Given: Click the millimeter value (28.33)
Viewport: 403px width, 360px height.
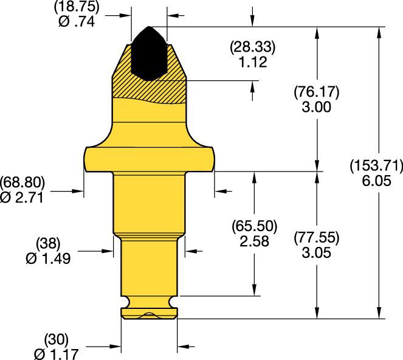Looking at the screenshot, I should tap(252, 48).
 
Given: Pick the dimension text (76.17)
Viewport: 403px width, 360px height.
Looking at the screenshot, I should tap(316, 93).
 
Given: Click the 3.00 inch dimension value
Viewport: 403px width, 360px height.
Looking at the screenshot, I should tap(316, 107).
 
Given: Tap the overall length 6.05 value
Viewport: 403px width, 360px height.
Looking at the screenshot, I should tap(375, 180).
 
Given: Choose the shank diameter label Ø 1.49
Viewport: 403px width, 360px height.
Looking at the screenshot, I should tap(49, 258).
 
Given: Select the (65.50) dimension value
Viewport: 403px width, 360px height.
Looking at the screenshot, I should tap(254, 226).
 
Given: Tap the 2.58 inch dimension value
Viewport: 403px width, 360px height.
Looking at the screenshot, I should tap(254, 240).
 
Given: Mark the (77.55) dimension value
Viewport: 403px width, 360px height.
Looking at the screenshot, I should tap(316, 238).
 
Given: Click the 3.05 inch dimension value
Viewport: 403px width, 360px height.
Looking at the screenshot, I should tap(316, 253).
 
